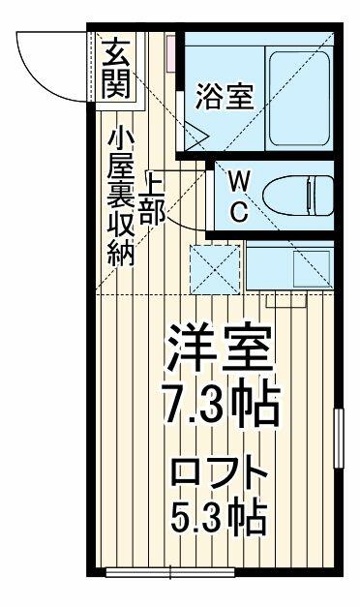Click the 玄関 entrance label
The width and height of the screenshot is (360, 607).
point(116,69)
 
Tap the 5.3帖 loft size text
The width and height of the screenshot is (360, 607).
point(219,518)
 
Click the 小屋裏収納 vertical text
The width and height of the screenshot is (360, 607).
point(121,197)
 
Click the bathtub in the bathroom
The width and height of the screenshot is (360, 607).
point(299,99)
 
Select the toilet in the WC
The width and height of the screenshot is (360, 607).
point(298,196)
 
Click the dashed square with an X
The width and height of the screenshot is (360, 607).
point(215,269)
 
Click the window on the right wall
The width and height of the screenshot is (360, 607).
point(339,439)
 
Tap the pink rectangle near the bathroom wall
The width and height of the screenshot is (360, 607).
point(171,53)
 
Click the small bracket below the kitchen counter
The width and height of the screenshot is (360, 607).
point(286,302)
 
